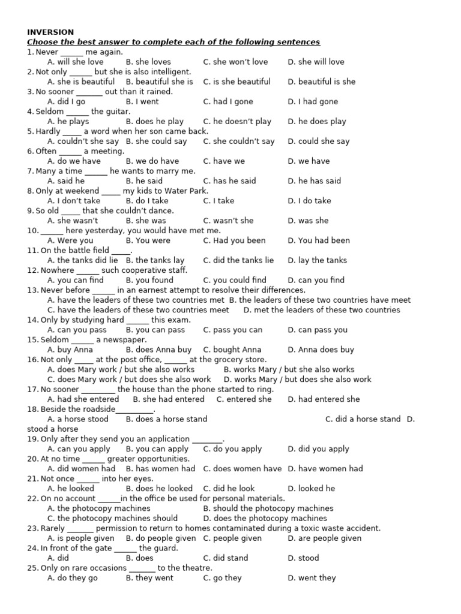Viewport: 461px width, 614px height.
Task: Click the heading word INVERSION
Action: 50,32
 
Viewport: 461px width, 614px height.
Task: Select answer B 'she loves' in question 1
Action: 148,62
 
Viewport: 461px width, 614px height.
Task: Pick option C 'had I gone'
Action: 228,102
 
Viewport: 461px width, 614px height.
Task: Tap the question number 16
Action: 32,359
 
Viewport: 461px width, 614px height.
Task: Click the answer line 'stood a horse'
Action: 52,429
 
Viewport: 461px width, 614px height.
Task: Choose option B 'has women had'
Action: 160,469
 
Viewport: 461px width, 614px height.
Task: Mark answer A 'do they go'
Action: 72,578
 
